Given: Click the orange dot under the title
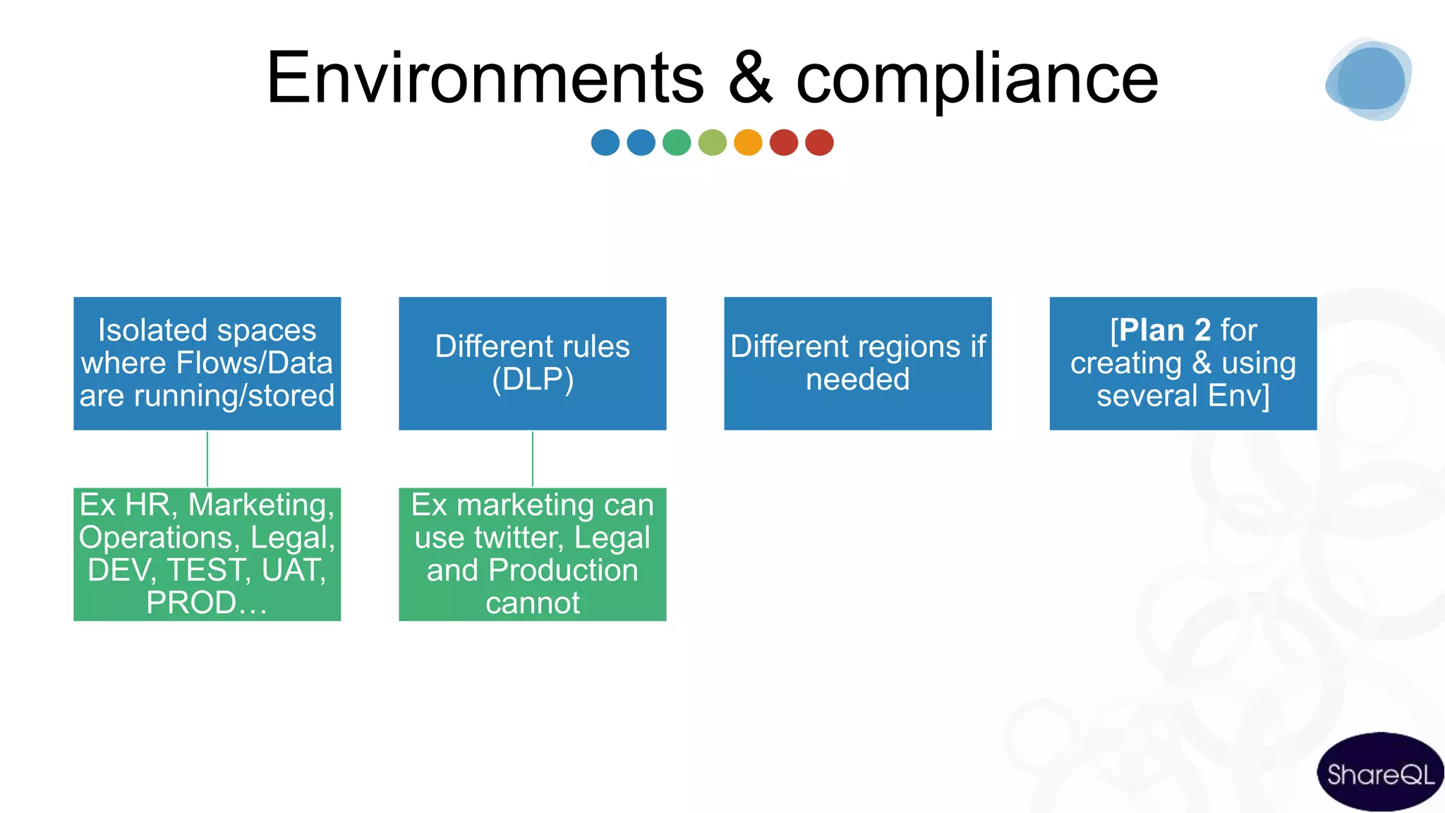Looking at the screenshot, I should pyautogui.click(x=748, y=143).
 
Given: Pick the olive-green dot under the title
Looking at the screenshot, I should pyautogui.click(x=713, y=143).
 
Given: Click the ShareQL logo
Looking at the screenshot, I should pyautogui.click(x=1380, y=773).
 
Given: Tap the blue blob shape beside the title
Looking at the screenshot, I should pyautogui.click(x=1369, y=79).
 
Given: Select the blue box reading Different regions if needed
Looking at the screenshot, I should pyautogui.click(x=857, y=363).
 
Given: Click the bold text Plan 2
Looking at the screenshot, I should pyautogui.click(x=1165, y=330).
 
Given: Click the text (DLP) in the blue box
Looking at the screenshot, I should pyautogui.click(x=533, y=380).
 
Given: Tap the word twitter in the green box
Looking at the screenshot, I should pyautogui.click(x=519, y=538).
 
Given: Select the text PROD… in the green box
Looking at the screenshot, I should pyautogui.click(x=207, y=603).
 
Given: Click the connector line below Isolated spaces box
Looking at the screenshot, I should pyautogui.click(x=207, y=459).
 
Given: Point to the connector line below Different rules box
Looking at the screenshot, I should pyautogui.click(x=533, y=459).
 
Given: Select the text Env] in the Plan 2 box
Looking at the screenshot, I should pyautogui.click(x=1238, y=396).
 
